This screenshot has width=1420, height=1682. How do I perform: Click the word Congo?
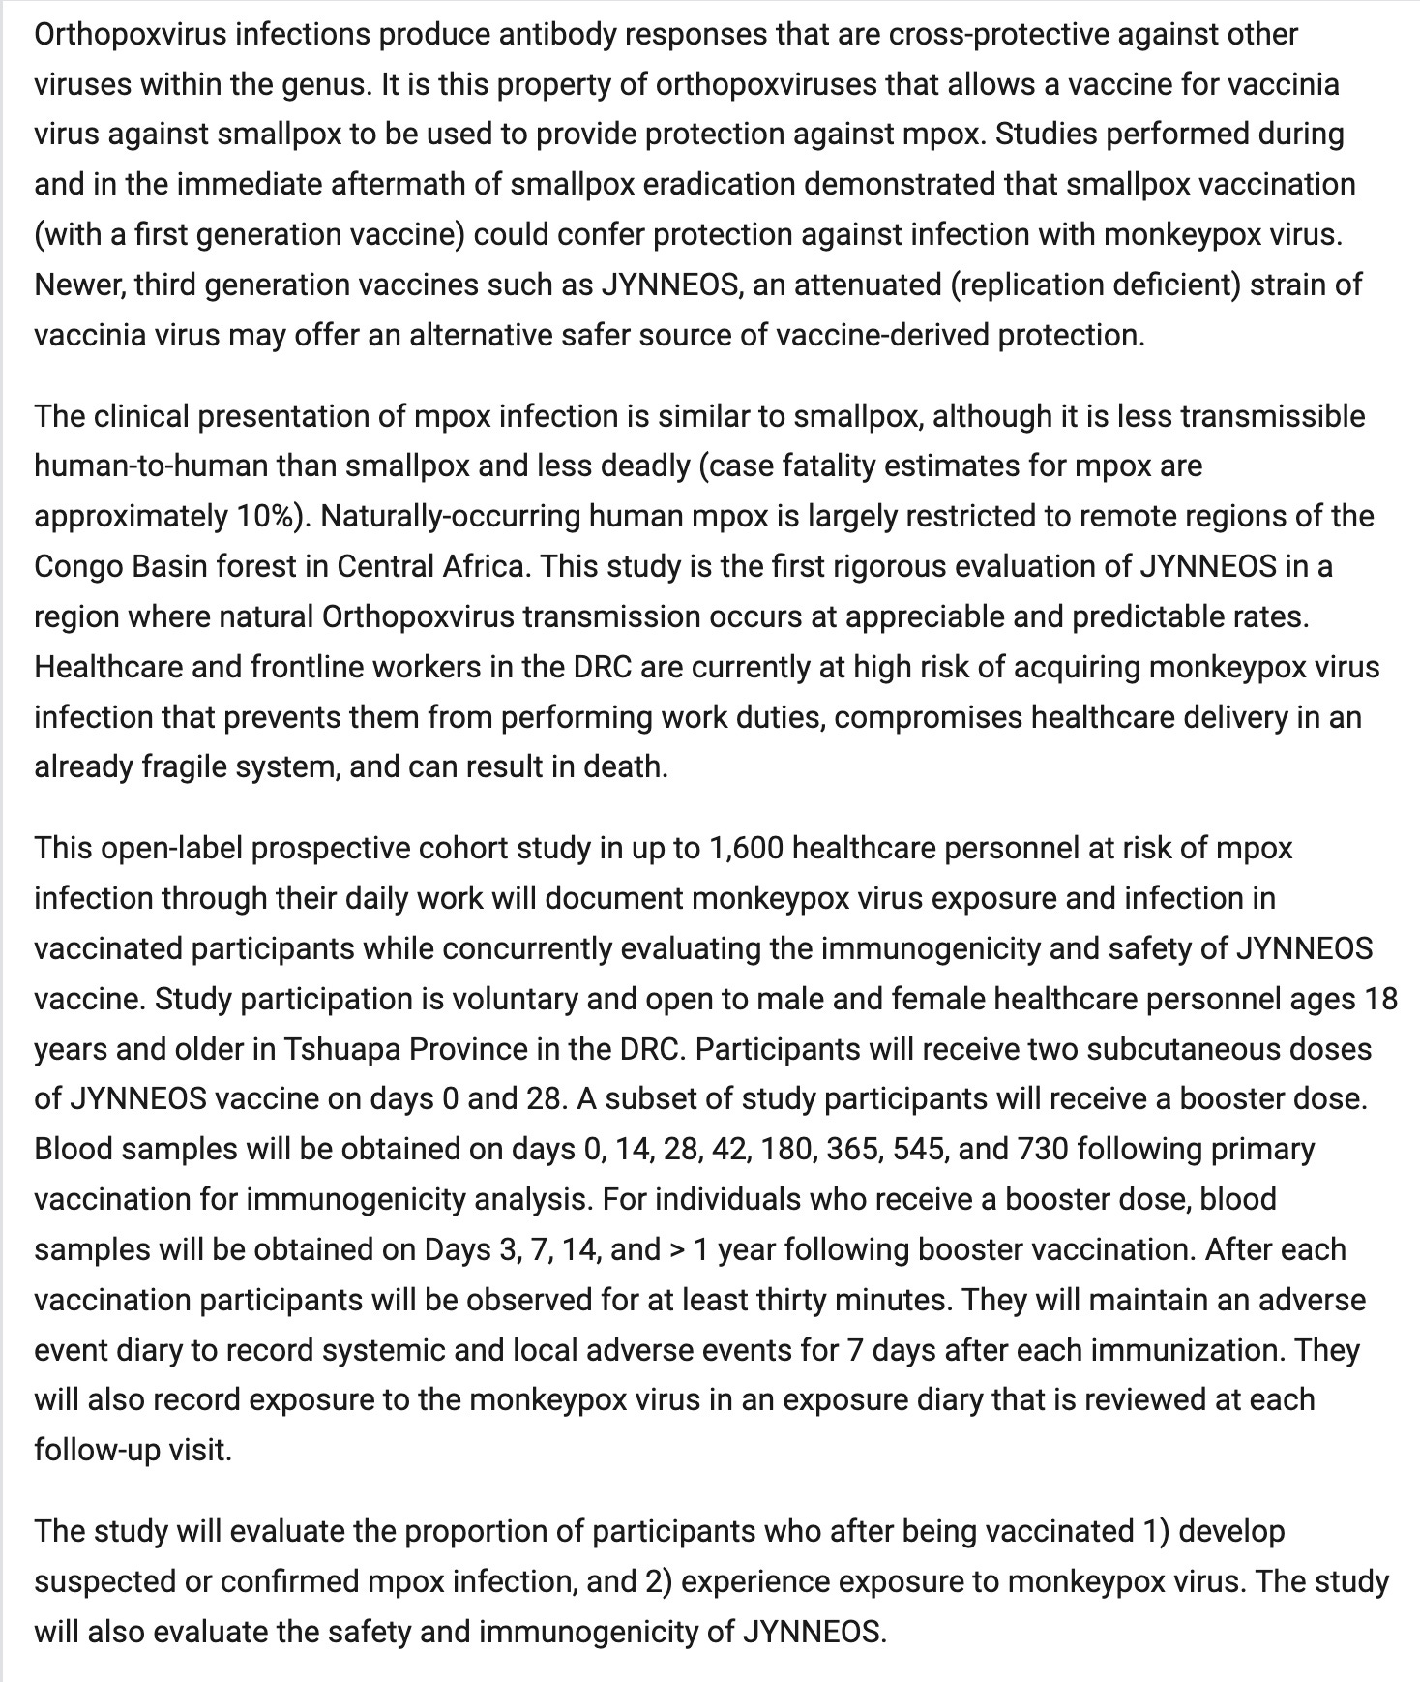77,566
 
